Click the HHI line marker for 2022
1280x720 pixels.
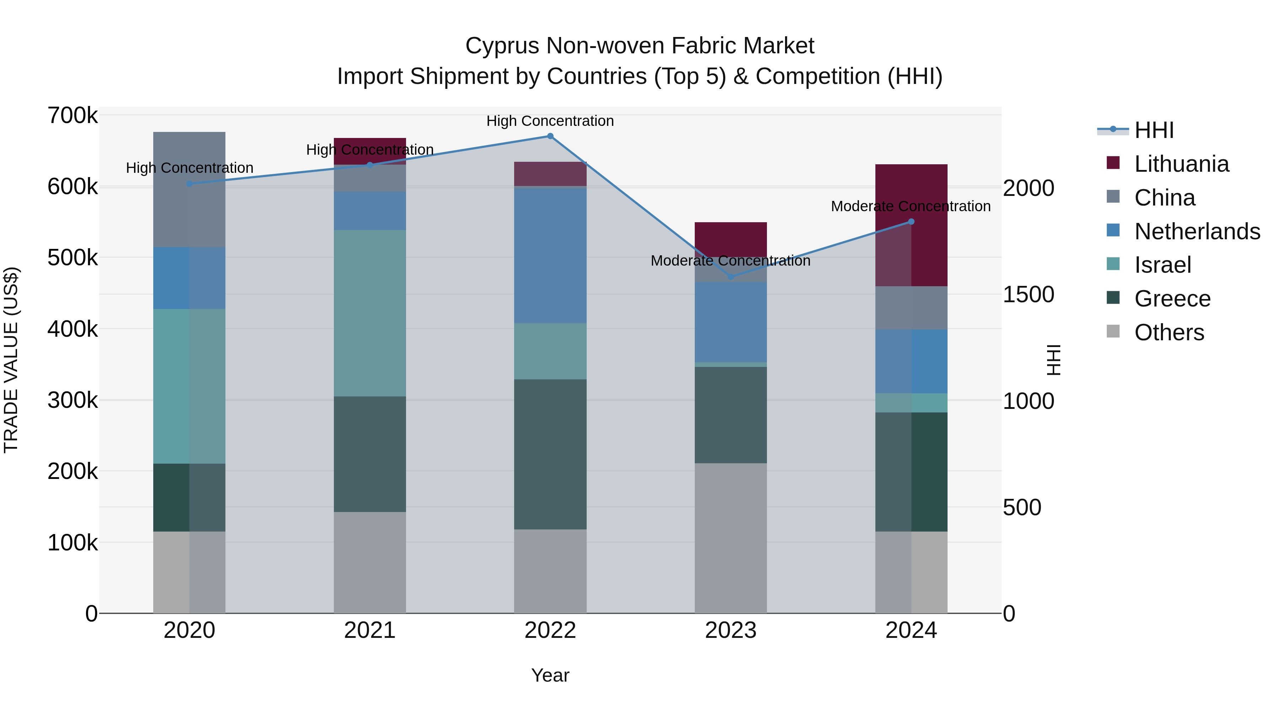550,136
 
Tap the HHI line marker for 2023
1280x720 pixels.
730,277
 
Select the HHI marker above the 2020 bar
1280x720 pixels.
189,184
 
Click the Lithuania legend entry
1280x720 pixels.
1181,164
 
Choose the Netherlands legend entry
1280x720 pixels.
1196,231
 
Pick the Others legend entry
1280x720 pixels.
1169,332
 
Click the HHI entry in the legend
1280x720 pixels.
1154,130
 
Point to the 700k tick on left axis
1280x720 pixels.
73,116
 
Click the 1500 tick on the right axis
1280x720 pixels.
1028,295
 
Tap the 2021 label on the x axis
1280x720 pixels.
370,630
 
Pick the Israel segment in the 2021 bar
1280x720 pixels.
370,313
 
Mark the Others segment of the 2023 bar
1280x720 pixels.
730,538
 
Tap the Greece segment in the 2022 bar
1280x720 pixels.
550,454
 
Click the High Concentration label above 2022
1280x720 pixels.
550,121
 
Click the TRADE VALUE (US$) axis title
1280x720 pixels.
11,360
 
